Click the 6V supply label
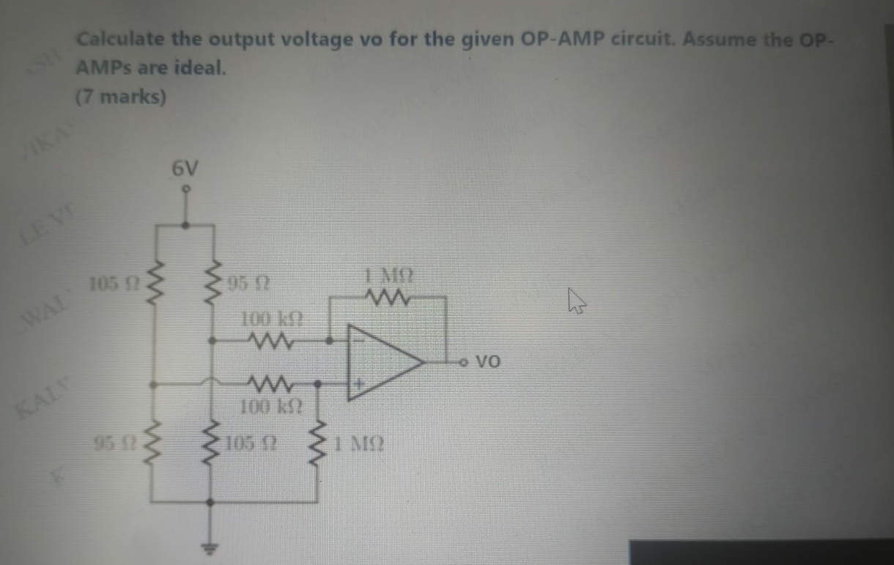click(185, 169)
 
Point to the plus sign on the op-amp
click(359, 383)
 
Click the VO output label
click(489, 361)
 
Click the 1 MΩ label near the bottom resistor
click(356, 443)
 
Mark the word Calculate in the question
click(122, 40)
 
